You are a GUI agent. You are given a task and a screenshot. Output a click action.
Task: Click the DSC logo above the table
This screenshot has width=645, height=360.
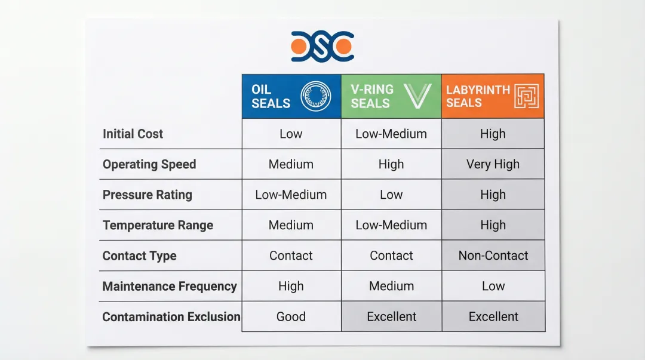click(x=322, y=46)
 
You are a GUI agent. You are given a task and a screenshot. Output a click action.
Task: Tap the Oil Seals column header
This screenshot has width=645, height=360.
click(x=291, y=96)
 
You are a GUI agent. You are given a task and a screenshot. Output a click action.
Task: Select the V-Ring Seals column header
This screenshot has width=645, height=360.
click(x=391, y=96)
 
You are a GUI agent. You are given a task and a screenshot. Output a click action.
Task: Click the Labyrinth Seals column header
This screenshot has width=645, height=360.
click(x=493, y=96)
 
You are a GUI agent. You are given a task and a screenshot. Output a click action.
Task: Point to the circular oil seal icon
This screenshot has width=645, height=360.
click(x=315, y=96)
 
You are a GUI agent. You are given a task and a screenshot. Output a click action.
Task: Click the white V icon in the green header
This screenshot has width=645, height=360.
click(x=417, y=96)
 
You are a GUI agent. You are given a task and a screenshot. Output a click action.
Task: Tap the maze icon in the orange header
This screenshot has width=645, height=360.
click(x=527, y=96)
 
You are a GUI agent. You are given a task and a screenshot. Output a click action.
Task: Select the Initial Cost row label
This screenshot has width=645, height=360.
click(x=133, y=134)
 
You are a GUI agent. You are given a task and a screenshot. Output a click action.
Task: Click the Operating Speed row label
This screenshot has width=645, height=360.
click(x=149, y=164)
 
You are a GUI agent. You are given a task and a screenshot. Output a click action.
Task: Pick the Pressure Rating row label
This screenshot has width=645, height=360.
click(x=148, y=195)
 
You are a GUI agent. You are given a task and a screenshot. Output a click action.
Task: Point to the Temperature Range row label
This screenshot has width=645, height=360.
click(x=158, y=225)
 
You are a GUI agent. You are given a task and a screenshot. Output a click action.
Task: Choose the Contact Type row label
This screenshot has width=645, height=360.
click(x=139, y=256)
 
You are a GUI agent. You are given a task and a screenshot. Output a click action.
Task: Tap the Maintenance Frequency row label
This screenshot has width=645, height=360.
click(x=170, y=286)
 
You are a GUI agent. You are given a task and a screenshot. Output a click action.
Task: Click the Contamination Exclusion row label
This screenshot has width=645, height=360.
click(x=171, y=316)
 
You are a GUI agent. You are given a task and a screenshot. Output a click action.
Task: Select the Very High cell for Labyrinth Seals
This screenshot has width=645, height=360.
click(x=493, y=164)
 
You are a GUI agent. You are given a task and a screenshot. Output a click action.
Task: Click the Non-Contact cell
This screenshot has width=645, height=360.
click(x=493, y=255)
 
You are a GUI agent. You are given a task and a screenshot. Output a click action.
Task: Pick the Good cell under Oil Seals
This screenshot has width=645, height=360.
click(x=291, y=316)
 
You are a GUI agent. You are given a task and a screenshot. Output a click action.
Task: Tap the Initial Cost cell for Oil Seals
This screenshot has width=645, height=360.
click(x=291, y=134)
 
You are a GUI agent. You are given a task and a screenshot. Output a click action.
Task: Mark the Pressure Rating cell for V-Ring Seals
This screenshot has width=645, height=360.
click(x=391, y=194)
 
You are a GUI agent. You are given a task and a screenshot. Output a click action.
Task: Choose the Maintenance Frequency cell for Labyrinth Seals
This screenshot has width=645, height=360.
click(x=493, y=285)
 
